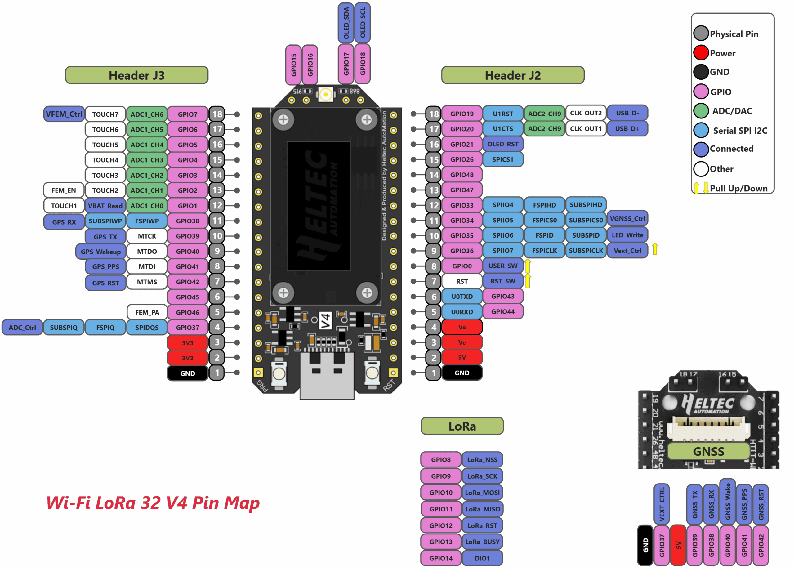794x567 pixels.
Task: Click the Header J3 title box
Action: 136,75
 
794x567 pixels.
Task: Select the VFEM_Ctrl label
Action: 64,114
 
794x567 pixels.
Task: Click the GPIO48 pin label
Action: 462,175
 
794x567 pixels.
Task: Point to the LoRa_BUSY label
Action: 482,542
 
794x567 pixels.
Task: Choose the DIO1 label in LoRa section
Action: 482,558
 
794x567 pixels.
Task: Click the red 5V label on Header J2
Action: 462,358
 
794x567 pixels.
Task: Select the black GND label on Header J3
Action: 187,373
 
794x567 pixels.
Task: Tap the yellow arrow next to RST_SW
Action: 528,281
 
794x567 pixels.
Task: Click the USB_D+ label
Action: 627,129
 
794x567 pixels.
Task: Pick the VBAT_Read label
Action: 105,206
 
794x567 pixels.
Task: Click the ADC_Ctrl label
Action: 22,328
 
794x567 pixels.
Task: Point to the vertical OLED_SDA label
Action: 346,23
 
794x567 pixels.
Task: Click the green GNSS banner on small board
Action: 708,451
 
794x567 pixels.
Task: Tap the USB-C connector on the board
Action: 327,375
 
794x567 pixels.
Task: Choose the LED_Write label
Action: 627,235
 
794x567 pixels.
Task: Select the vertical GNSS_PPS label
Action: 744,504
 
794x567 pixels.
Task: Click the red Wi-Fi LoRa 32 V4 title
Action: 153,503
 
